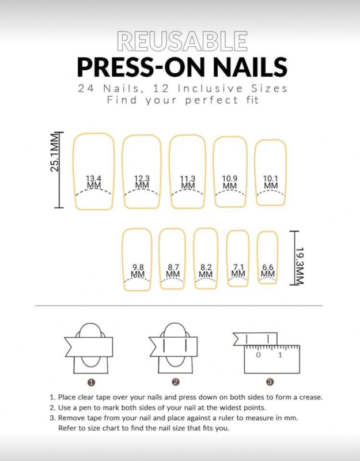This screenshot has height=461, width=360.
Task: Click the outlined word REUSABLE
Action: click(182, 41)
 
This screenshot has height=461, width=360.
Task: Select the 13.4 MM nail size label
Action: click(94, 182)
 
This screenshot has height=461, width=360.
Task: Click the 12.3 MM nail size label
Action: click(142, 182)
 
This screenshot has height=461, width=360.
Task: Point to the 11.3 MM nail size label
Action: click(188, 182)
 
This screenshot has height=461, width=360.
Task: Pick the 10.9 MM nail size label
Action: click(230, 182)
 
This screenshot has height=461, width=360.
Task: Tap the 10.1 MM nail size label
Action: click(271, 182)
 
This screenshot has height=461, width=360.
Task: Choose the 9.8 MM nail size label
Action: click(138, 271)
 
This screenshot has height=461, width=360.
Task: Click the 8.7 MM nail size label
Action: click(173, 271)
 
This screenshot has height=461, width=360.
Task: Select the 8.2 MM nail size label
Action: click(206, 271)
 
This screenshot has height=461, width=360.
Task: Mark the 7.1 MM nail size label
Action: click(238, 270)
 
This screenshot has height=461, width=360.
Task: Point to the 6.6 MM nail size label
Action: click(268, 270)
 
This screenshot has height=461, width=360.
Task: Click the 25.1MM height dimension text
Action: click(54, 152)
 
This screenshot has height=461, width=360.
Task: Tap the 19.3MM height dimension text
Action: click(300, 266)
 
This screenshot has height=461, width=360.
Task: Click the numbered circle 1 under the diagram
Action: click(92, 382)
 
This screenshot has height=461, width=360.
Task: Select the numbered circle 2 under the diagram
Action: click(176, 382)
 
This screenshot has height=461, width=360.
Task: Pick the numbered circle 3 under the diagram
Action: click(270, 382)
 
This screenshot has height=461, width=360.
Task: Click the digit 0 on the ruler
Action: click(258, 355)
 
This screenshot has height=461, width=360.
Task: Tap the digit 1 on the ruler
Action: click(280, 355)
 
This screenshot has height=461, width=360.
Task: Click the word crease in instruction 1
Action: click(310, 397)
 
